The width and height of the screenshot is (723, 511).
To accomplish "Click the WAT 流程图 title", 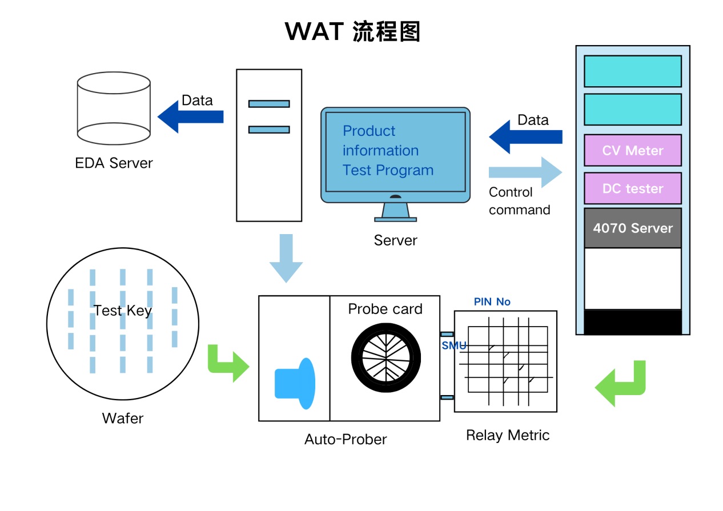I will click(352, 31).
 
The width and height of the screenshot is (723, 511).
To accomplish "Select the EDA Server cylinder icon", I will click(114, 108).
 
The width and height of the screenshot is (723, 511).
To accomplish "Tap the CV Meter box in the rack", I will click(632, 151).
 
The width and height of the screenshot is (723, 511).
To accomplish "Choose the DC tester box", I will click(632, 188).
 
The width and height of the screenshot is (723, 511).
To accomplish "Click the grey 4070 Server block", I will click(632, 228).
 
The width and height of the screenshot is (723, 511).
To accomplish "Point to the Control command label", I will click(519, 201).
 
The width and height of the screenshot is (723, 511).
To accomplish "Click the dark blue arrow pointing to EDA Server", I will click(190, 117).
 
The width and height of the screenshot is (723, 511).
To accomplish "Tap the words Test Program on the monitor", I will click(388, 170).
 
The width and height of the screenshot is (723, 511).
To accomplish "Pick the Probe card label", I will click(385, 309).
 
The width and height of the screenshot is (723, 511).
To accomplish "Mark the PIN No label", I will click(492, 301).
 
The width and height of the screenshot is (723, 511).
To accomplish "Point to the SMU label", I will click(454, 345).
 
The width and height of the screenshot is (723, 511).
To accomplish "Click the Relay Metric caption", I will click(507, 435).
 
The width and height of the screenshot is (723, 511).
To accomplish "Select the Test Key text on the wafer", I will click(122, 311).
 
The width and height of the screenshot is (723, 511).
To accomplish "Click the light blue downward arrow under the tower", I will click(286, 257).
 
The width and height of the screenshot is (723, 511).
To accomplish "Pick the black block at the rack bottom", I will click(632, 322).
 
